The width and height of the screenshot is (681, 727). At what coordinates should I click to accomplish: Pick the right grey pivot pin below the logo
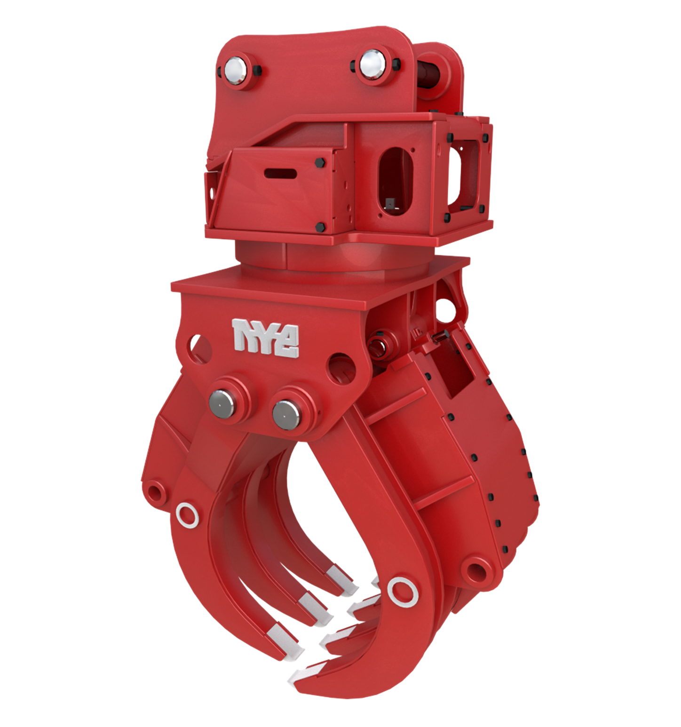285,414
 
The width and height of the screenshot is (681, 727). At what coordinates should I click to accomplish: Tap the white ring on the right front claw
402,590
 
